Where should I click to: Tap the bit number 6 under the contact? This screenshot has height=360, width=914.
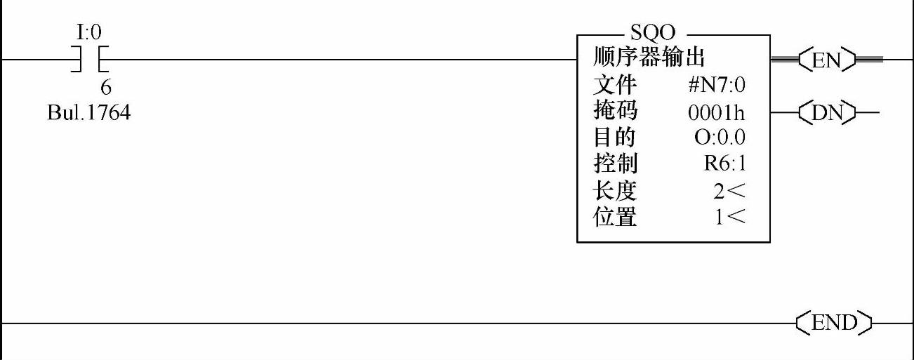pos(106,88)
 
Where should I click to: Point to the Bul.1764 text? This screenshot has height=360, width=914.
pos(88,112)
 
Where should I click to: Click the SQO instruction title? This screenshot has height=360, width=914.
pos(653,33)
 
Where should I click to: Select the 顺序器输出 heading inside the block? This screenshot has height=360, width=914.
pos(649,57)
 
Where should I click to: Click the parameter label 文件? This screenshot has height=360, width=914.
pos(615,85)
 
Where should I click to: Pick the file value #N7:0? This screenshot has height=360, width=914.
pos(716,86)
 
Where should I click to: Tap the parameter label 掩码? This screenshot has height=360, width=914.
pos(615,112)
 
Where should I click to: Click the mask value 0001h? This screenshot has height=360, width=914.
pos(717,112)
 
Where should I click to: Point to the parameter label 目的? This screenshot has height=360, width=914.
pos(615,138)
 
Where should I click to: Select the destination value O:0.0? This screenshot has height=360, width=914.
pos(719,138)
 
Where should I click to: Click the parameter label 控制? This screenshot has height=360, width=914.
pos(615,164)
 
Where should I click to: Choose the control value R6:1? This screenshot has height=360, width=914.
pos(725,165)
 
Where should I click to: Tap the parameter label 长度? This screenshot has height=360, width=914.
pos(615,191)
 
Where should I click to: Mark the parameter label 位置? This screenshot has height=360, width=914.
pos(615,218)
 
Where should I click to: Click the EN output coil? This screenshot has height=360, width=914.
pos(828,60)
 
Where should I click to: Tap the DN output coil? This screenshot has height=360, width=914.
pos(828,112)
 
